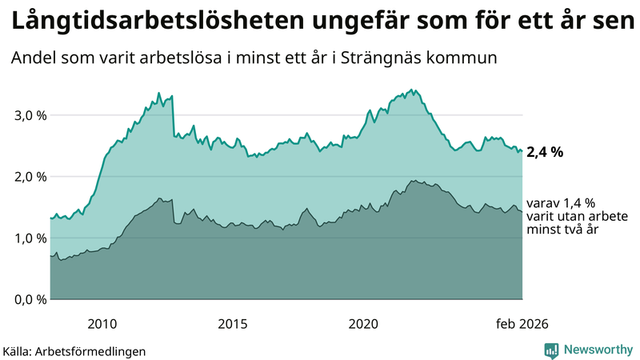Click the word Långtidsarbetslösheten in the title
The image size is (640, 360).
[x=136, y=22]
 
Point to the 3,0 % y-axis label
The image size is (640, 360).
[x=30, y=115]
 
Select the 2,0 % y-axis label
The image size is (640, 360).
[x=30, y=177]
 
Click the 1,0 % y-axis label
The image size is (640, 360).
[x=30, y=238]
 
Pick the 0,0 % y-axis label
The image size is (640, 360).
[x=30, y=300]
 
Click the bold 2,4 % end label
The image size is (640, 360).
[x=546, y=151]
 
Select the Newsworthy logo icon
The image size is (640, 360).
[x=551, y=350]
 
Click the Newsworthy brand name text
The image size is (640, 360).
[x=598, y=350]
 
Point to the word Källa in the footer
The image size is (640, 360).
[x=18, y=350]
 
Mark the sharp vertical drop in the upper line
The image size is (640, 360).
[x=173, y=117]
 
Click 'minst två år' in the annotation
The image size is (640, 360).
[x=562, y=230]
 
